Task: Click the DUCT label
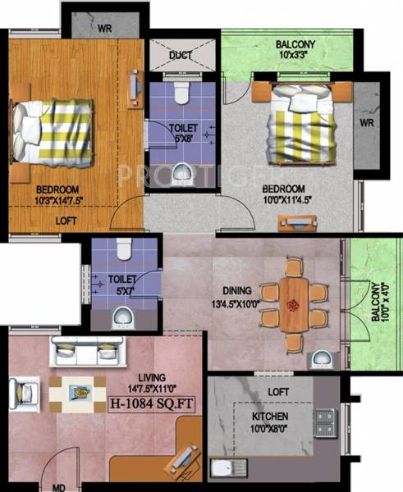[181, 56]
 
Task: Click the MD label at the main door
[59, 486]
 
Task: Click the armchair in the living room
[24, 392]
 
